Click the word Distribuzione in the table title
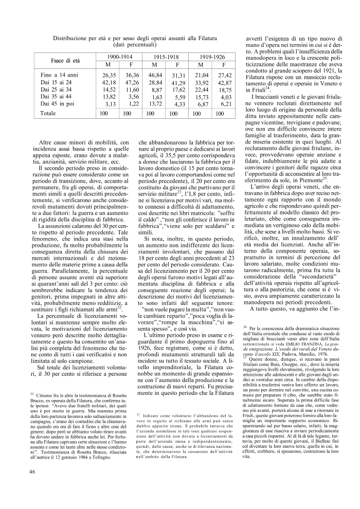pos(74,38)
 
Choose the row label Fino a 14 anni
pos(59,75)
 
